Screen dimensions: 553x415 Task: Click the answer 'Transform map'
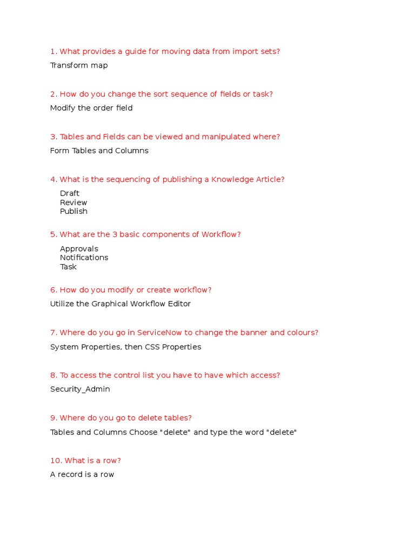pos(79,65)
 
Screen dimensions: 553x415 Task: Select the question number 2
pos(53,94)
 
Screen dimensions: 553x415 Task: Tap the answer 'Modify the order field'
pos(91,108)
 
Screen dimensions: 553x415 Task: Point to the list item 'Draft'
pos(70,193)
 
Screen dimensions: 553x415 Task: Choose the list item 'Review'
pos(73,203)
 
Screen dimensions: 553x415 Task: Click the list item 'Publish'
pos(73,211)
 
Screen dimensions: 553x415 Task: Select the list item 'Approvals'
pos(79,249)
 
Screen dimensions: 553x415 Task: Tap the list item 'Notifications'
pos(84,258)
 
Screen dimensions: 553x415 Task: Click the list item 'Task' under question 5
pos(68,267)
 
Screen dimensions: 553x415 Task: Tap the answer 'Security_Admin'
pos(80,389)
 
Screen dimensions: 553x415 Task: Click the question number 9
pos(53,418)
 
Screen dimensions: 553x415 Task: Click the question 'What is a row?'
pos(92,461)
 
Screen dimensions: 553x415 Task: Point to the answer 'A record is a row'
pos(82,475)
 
